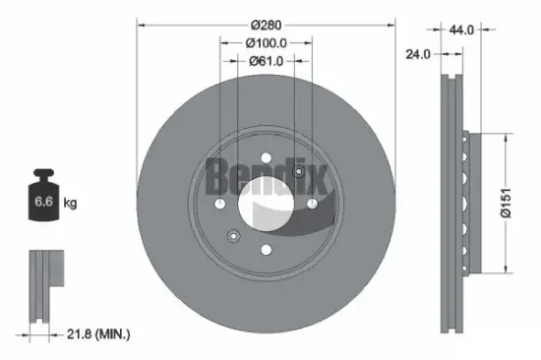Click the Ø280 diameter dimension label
pyautogui.click(x=266, y=25)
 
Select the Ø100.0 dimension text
pyautogui.click(x=266, y=43)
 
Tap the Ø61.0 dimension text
pyautogui.click(x=266, y=61)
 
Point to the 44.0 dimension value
pyautogui.click(x=461, y=30)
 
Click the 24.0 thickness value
pyautogui.click(x=418, y=54)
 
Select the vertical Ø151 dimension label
pyautogui.click(x=506, y=203)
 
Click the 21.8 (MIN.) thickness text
pyautogui.click(x=98, y=334)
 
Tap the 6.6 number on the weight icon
pyautogui.click(x=43, y=202)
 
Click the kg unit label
pyautogui.click(x=70, y=203)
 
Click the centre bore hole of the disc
pyautogui.click(x=266, y=204)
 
